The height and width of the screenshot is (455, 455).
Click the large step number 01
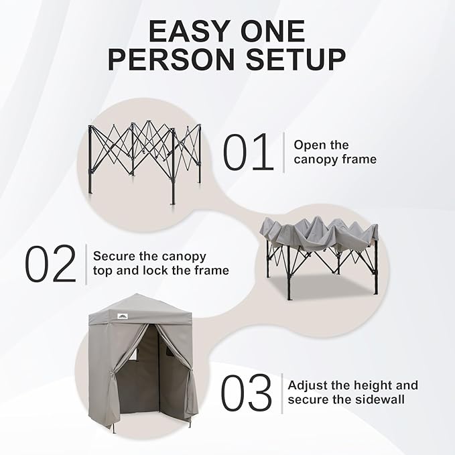click(x=248, y=152)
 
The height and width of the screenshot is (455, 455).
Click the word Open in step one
click(x=309, y=145)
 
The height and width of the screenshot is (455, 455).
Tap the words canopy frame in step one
click(x=335, y=159)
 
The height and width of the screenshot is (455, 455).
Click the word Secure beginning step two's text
click(x=114, y=256)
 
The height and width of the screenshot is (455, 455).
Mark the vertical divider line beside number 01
click(x=283, y=152)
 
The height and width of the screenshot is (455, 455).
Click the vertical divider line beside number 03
click(x=281, y=393)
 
